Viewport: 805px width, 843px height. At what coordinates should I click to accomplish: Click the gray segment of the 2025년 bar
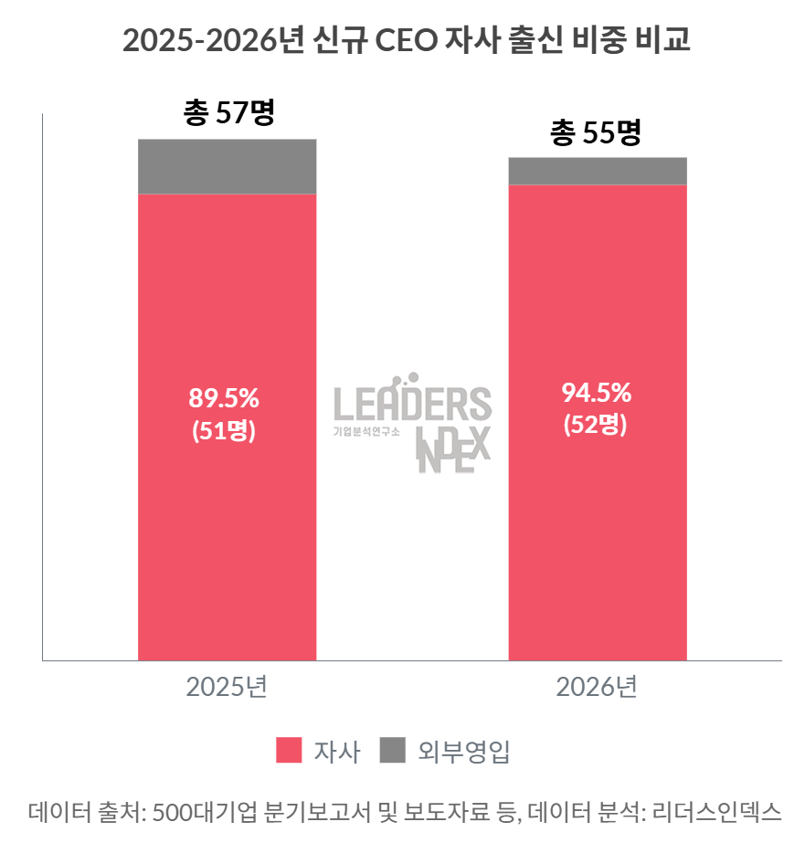point(227,167)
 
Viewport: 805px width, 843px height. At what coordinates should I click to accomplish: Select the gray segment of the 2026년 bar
point(598,171)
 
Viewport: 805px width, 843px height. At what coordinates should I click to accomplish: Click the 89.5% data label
point(224,398)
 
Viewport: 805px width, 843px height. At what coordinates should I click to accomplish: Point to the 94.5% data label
point(596,394)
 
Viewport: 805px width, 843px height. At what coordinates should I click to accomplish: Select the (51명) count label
point(224,431)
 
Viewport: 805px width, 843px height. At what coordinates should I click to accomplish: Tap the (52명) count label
point(596,426)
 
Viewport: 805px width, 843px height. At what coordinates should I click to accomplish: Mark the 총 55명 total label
point(596,133)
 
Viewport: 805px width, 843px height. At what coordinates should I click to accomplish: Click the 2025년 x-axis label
point(227,688)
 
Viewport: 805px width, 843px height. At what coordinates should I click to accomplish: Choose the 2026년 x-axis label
point(597,688)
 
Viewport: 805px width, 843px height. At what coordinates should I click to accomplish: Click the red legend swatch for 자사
point(289,752)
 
